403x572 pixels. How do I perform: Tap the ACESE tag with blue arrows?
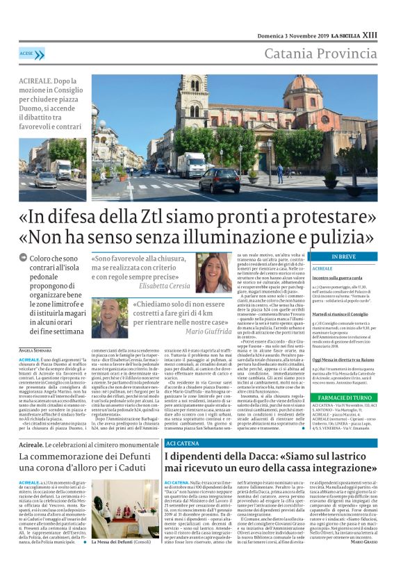coord(28,52)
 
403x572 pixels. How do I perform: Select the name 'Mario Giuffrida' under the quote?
coord(208,332)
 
